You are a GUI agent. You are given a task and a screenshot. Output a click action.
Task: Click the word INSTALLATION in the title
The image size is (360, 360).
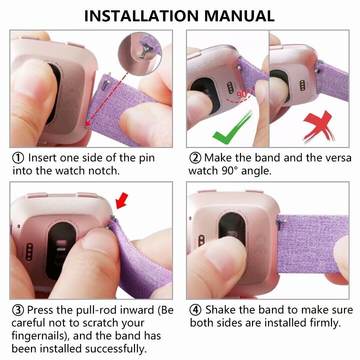[x=141, y=16]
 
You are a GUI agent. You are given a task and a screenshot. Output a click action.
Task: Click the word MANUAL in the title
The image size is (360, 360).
[x=239, y=16]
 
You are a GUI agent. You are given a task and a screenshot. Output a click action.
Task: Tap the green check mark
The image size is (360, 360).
[x=232, y=128]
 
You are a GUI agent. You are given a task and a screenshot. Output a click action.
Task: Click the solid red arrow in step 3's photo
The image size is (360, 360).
[x=122, y=201]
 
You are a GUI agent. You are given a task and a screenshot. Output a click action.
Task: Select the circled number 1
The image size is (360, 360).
[x=18, y=158]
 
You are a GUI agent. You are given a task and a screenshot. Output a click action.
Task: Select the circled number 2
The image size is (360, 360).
[x=195, y=158]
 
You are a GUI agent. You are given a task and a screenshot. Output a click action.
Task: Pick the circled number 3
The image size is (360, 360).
[x=18, y=310]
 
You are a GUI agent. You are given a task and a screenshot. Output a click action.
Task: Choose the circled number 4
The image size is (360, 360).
[x=195, y=310]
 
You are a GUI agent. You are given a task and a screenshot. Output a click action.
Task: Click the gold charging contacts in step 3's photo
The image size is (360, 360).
[x=29, y=252]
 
